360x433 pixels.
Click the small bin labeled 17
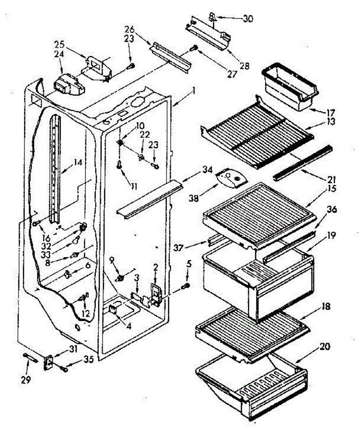(289, 87)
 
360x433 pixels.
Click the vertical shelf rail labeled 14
(55, 170)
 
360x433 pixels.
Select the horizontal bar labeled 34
(148, 199)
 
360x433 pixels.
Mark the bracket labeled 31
(48, 363)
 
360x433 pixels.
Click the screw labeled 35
(64, 369)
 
